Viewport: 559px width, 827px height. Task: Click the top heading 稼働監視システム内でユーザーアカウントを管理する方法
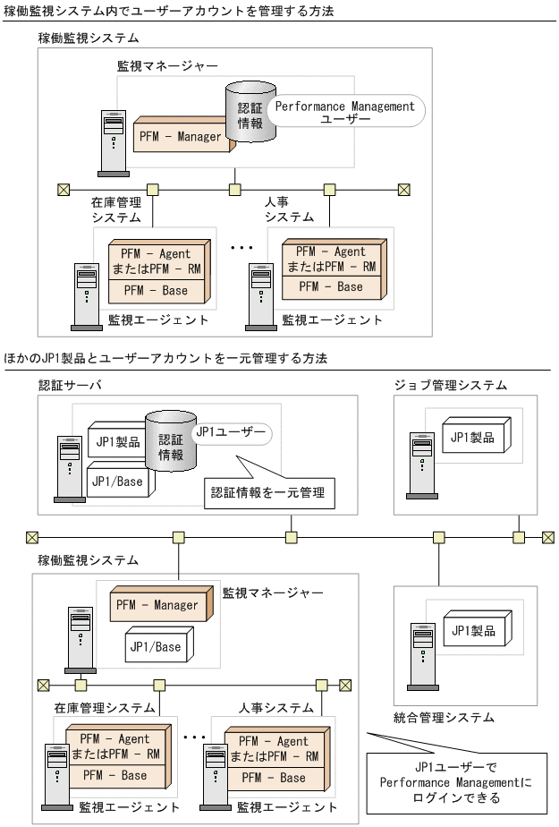170,11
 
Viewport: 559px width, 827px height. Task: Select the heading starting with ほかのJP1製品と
166,358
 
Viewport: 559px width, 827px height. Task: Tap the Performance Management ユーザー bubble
344,113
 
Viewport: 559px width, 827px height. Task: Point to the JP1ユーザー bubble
230,433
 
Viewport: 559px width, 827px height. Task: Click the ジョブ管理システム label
451,385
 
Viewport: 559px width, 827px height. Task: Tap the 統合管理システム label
444,717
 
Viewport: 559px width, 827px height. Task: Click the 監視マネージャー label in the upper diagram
167,66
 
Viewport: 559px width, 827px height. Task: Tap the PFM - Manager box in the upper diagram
179,137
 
